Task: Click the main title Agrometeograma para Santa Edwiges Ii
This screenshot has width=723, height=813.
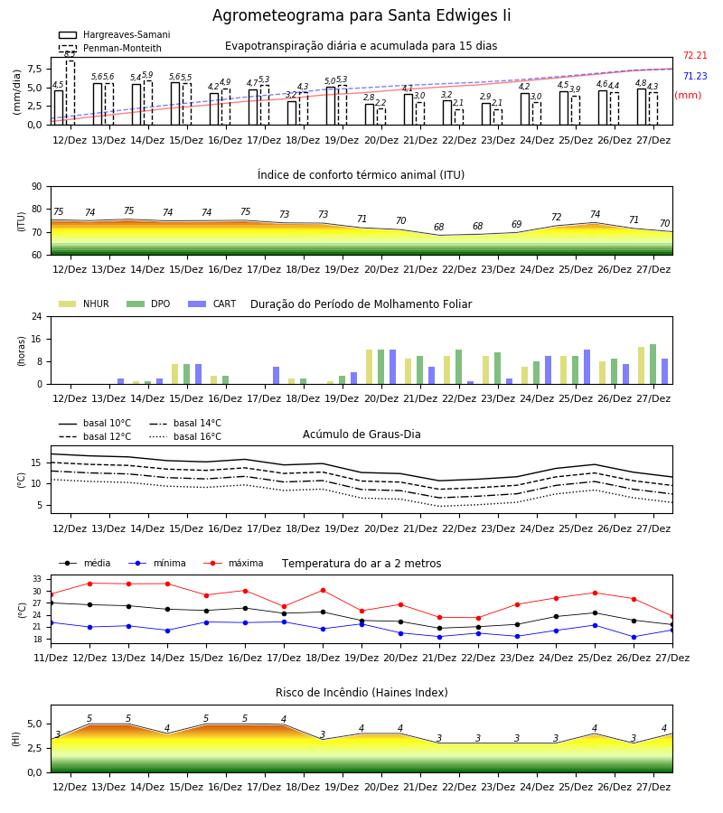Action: [361, 15]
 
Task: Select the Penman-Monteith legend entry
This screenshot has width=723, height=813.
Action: [110, 48]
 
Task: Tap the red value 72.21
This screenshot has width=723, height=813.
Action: [695, 55]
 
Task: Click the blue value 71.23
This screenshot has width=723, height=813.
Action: [695, 76]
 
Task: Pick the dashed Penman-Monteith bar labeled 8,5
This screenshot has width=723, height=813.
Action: [70, 93]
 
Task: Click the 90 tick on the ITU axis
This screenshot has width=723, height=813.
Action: [37, 187]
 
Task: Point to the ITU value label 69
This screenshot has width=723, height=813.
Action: [517, 225]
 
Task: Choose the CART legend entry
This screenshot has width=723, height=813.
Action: [212, 304]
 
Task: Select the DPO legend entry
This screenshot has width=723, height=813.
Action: [148, 304]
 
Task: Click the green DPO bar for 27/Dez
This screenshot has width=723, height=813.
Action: [653, 365]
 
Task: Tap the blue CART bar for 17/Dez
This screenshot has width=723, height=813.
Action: [276, 376]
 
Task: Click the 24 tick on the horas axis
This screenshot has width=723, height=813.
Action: [37, 316]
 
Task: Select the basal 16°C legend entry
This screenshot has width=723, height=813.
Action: [185, 436]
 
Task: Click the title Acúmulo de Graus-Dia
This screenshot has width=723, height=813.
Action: [361, 434]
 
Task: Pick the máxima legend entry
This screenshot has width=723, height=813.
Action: [233, 563]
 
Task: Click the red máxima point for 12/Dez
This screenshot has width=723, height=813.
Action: [89, 584]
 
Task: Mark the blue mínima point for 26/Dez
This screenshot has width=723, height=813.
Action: [634, 637]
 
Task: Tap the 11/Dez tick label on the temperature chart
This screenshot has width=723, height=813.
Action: [51, 658]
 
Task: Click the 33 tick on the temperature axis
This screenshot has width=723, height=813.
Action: [37, 579]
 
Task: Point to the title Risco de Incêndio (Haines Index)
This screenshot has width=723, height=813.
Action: [361, 693]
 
